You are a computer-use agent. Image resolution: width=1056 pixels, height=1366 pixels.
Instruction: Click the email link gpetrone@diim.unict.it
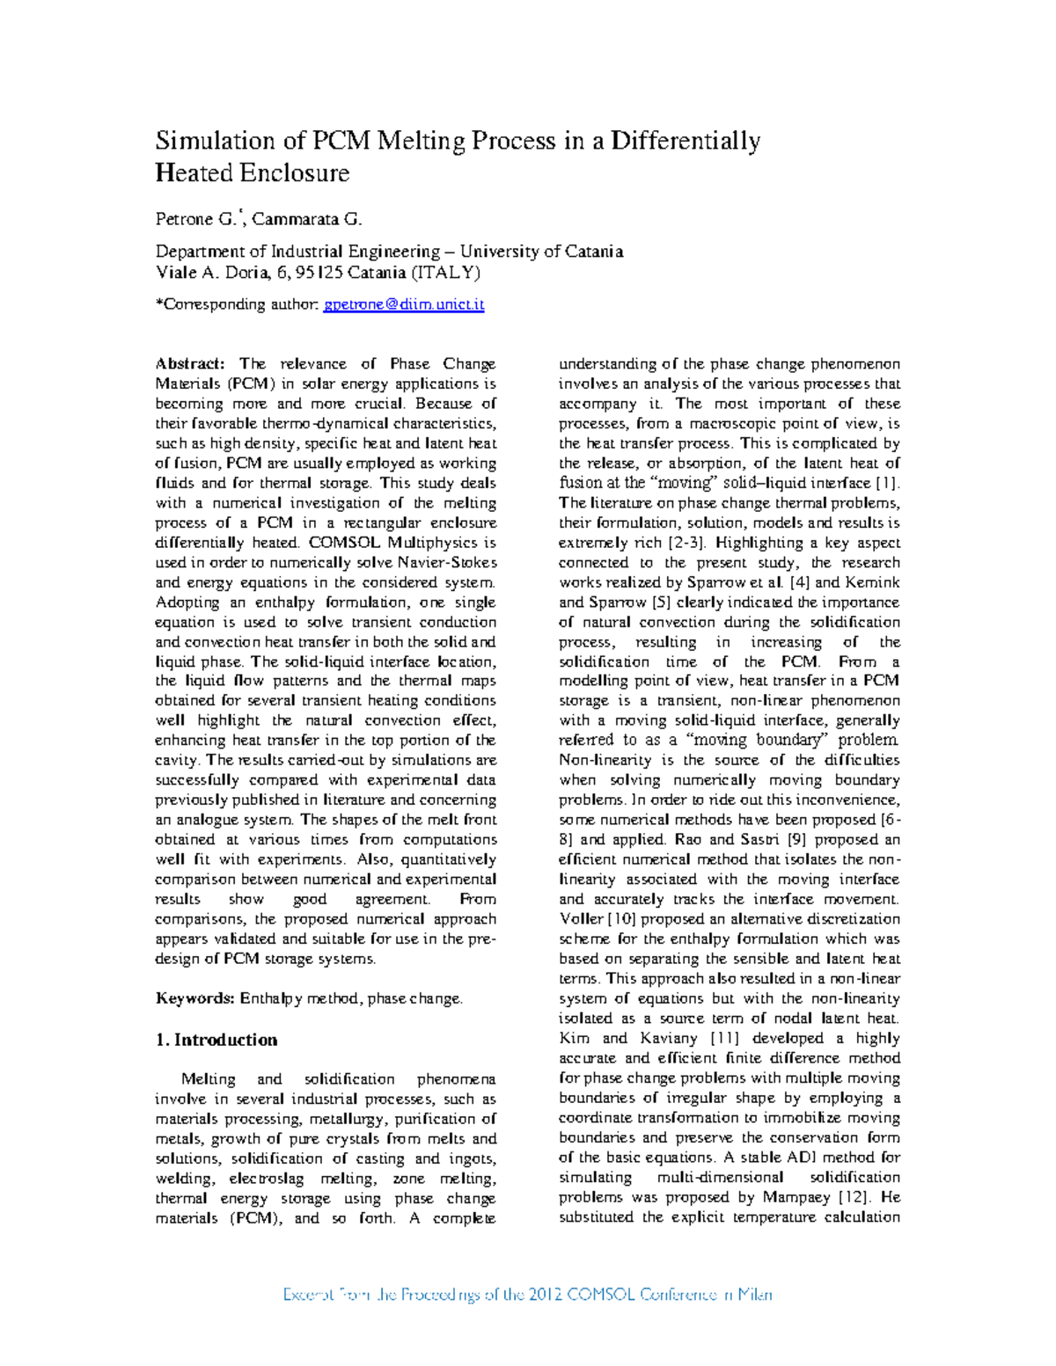[404, 304]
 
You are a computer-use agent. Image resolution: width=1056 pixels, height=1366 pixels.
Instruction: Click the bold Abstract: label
[190, 364]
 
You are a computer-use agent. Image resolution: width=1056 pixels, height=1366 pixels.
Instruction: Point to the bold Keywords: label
[194, 998]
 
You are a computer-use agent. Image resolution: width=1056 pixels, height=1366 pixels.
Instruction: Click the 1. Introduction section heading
[216, 1040]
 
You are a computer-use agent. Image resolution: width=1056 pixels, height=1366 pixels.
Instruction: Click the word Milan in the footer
[753, 1295]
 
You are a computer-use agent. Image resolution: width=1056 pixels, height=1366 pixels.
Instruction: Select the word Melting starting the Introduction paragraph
[208, 1079]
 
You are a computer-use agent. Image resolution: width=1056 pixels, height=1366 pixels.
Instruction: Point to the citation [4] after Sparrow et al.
[798, 582]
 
